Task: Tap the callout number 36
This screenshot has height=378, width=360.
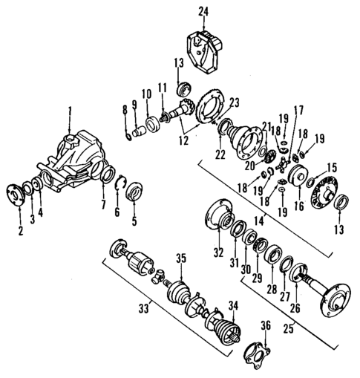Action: click(265, 325)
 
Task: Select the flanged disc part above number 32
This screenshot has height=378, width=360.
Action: click(217, 216)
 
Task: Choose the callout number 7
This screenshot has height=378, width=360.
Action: click(103, 203)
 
